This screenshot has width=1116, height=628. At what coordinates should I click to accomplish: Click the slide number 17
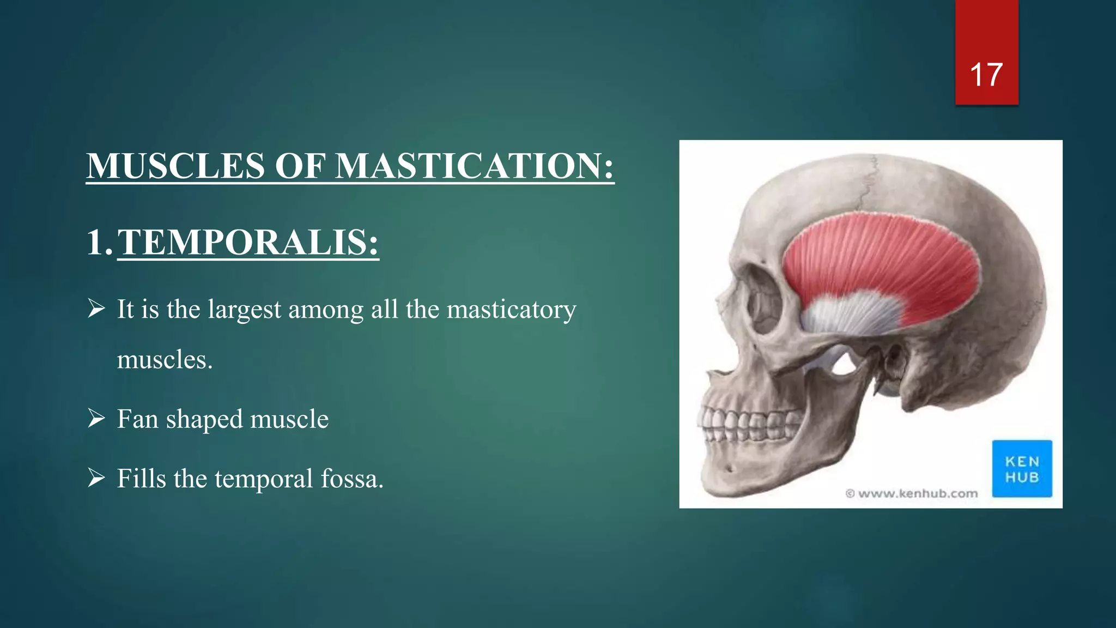pyautogui.click(x=986, y=75)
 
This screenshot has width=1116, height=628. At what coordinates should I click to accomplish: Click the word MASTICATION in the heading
pyautogui.click(x=474, y=166)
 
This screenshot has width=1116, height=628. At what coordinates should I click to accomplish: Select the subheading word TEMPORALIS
pyautogui.click(x=248, y=242)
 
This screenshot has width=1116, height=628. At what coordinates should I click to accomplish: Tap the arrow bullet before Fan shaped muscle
pyautogui.click(x=96, y=419)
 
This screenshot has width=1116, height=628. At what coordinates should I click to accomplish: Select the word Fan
pyautogui.click(x=138, y=419)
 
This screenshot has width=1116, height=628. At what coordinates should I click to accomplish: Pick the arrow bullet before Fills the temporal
pyautogui.click(x=96, y=478)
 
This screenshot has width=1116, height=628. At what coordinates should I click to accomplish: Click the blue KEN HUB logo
pyautogui.click(x=1022, y=469)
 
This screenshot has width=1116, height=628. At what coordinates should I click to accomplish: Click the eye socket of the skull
pyautogui.click(x=763, y=300)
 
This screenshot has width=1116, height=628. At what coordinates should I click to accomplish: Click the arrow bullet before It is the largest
pyautogui.click(x=96, y=309)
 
